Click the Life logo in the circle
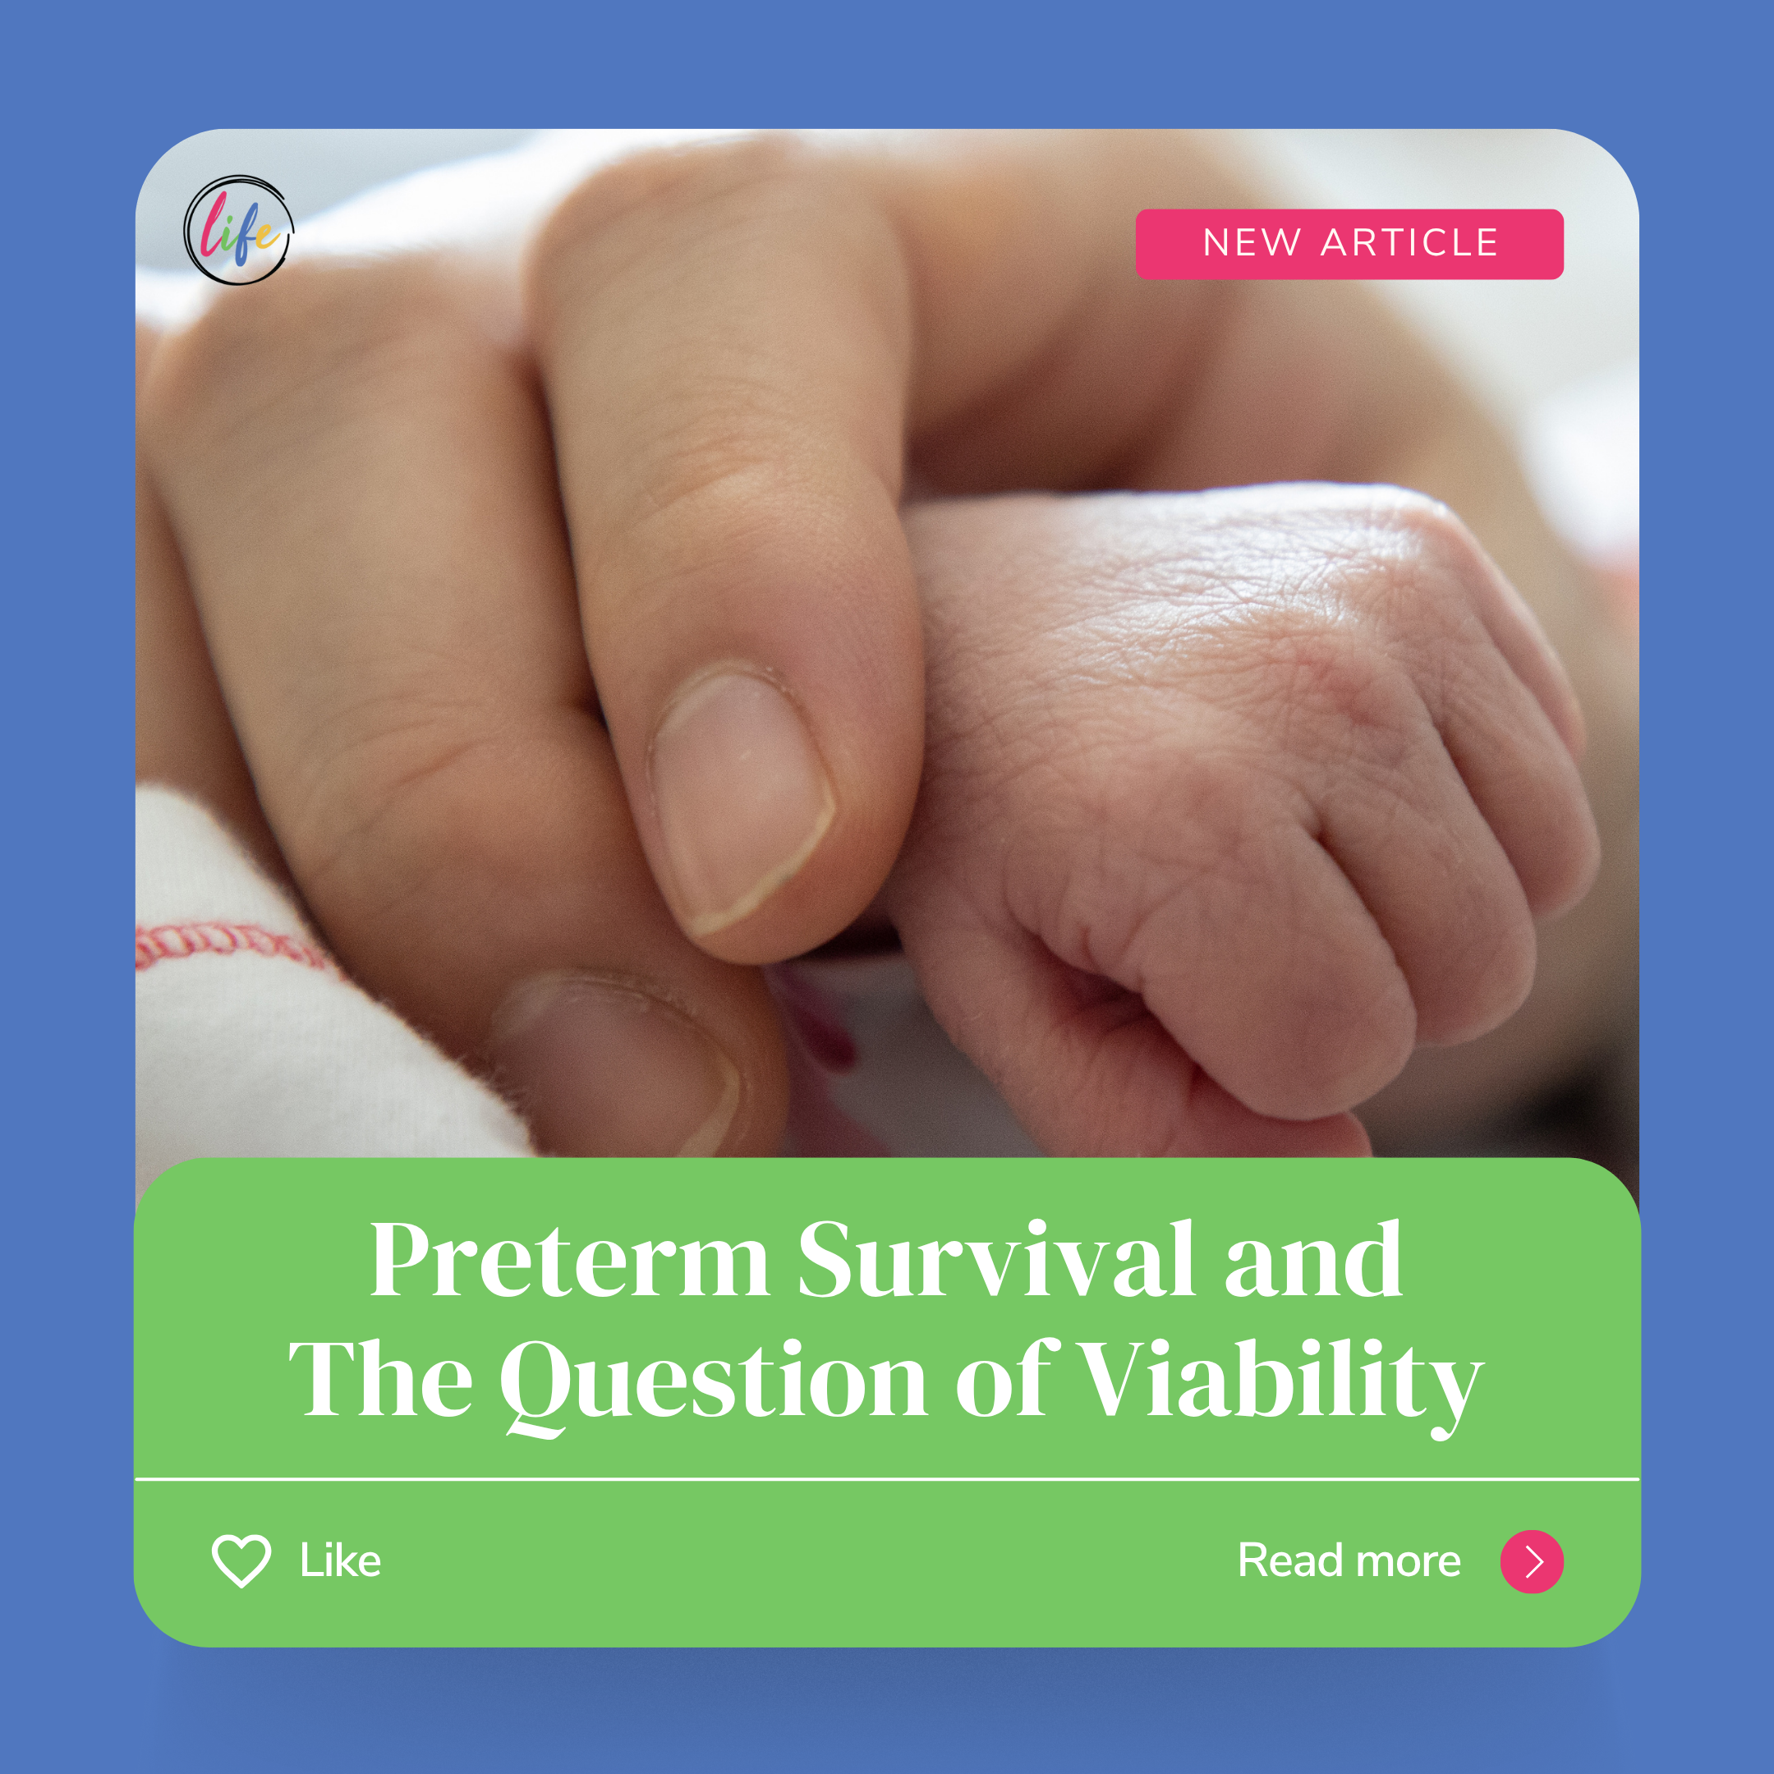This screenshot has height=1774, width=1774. (x=239, y=231)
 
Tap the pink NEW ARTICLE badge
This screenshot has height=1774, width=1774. (x=1349, y=244)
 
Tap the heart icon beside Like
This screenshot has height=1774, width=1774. (x=241, y=1561)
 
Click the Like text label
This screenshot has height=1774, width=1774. (x=340, y=1561)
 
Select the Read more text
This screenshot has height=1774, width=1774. (x=1349, y=1561)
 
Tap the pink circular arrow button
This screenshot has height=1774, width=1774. (x=1532, y=1561)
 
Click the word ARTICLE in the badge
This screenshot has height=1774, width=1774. (x=1409, y=243)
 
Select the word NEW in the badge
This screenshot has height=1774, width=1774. (x=1252, y=243)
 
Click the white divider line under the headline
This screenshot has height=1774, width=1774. (x=887, y=1479)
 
